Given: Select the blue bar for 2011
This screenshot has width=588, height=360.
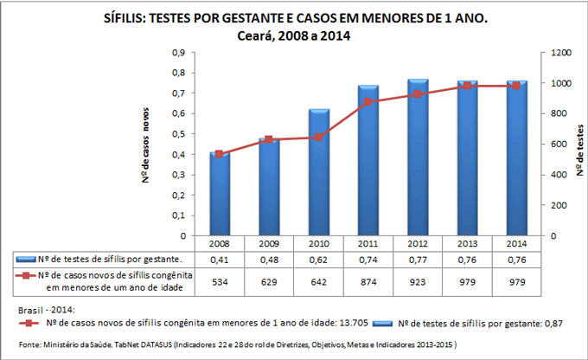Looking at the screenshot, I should pos(368,161).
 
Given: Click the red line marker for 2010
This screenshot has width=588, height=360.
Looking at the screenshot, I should pos(317,138).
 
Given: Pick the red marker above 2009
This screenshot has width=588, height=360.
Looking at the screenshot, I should pos(268,139).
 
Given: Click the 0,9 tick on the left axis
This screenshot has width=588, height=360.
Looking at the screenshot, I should pos(179,53).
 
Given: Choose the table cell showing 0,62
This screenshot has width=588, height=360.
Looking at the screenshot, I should pos(318,259).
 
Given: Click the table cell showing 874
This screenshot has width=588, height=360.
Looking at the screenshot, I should pos(368,281).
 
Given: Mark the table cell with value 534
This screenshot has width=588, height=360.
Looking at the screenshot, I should pos(219,281).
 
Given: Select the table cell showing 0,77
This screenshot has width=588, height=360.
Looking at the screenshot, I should pos(418,259).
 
